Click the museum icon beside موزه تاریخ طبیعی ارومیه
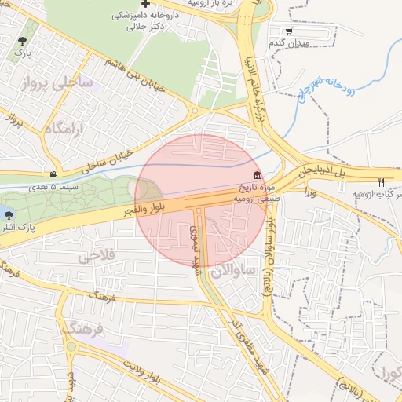click(258, 174)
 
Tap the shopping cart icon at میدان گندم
click(289, 31)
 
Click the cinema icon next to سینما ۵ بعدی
click(53, 174)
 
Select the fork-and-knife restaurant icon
click(382, 181)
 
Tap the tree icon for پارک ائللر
click(9, 213)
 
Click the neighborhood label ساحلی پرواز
click(56, 82)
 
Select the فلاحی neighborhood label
click(97, 255)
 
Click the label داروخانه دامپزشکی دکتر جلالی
click(146, 20)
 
